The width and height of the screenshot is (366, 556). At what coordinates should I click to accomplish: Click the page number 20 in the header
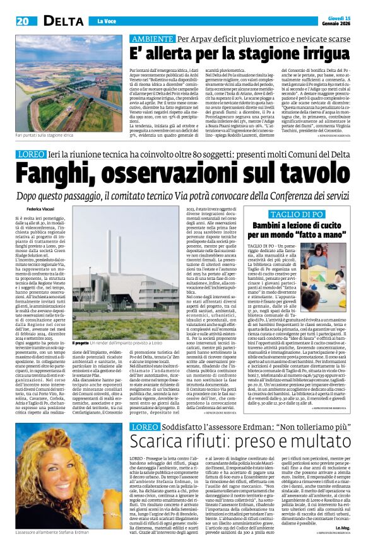[23, 21]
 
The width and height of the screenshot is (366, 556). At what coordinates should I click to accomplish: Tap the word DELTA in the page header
[61, 21]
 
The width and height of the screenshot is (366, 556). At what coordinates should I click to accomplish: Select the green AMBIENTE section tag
[151, 39]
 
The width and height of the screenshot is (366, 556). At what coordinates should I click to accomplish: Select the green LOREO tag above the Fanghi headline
[30, 154]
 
